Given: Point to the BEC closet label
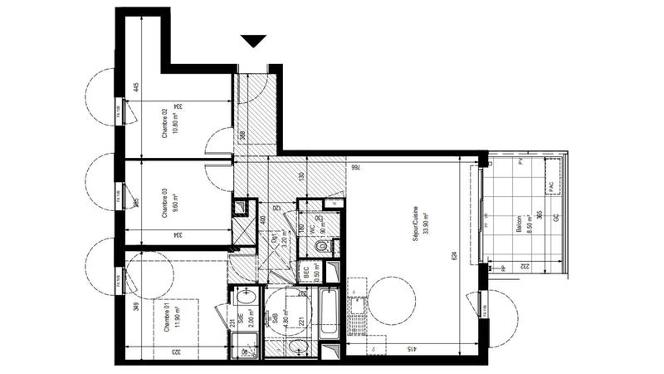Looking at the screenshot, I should (305, 269).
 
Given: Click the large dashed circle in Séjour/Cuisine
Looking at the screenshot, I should (389, 301).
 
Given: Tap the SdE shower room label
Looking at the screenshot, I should (240, 317).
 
